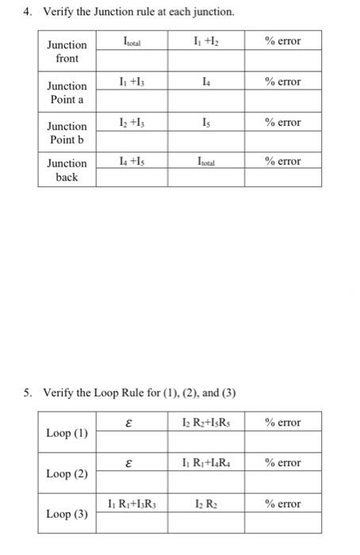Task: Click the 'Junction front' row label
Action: pos(67,51)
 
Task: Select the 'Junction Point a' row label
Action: pos(67,92)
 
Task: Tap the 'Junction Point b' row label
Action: pos(67,132)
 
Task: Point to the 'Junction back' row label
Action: pos(67,170)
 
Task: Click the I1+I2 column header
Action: pos(205,41)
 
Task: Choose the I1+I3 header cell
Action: pos(132,82)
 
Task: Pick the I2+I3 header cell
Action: pos(132,122)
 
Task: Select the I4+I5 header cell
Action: pos(132,162)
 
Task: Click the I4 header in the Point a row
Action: pos(205,82)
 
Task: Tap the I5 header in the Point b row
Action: pos(205,122)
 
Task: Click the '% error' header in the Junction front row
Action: pos(284,41)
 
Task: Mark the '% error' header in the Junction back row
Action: pos(284,162)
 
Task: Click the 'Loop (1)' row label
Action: pos(67,434)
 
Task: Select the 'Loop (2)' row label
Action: pos(67,474)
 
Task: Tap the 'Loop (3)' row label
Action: pos(67,514)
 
